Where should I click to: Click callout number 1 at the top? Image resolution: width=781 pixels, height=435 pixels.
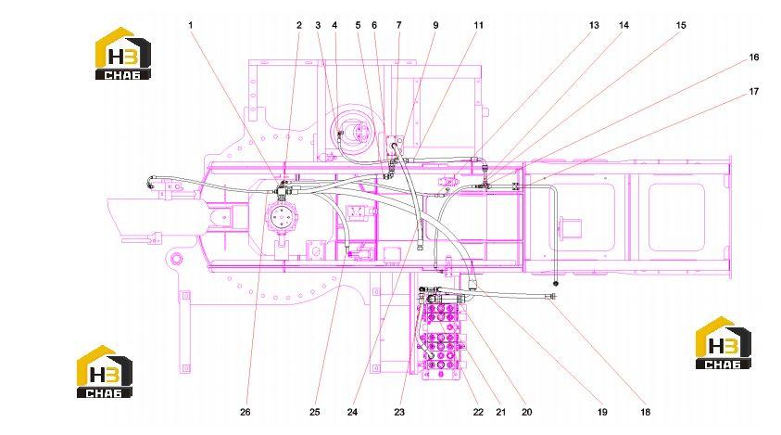190,25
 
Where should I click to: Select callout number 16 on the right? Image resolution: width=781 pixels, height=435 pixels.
753,58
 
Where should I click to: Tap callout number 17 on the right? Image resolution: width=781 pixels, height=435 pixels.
753,91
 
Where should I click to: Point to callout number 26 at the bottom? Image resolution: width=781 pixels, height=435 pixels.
246,412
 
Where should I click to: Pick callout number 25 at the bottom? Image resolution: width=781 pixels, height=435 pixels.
314,412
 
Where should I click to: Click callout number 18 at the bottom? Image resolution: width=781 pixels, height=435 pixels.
645,412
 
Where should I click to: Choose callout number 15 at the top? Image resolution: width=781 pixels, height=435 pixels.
681,25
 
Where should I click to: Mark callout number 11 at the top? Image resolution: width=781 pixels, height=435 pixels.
478,25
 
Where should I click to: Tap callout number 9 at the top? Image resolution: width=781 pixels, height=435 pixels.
435,25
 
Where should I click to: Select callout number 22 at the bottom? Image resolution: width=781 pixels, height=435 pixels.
478,412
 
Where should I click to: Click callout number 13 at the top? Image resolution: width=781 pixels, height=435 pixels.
594,25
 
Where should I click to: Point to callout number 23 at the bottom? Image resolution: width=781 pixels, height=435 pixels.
399,412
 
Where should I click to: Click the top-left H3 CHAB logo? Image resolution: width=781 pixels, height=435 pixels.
122,54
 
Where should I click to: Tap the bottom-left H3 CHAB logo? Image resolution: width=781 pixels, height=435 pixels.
104,372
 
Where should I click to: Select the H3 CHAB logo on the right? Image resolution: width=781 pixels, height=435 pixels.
724,342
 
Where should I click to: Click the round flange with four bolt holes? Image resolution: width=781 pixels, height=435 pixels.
282,218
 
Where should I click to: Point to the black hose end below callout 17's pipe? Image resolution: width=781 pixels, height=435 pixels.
556,284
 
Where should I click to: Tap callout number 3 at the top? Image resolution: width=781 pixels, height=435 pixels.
318,25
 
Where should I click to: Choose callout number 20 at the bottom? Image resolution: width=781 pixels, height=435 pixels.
526,412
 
